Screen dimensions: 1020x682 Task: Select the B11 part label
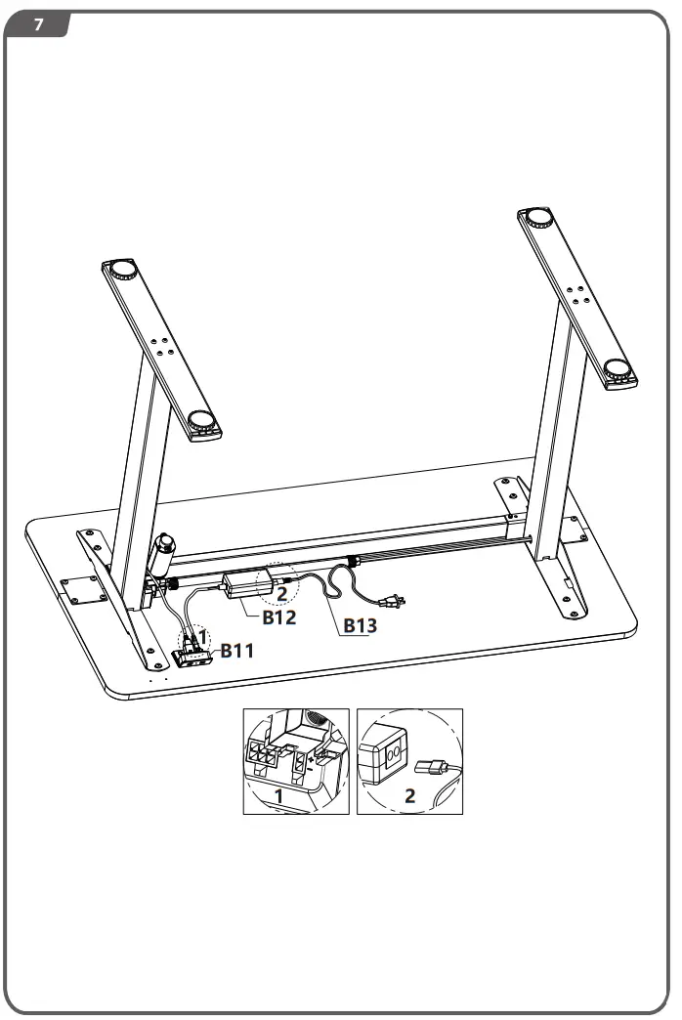[237, 651]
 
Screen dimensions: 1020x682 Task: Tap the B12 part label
[278, 617]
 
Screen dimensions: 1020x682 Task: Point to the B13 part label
[359, 626]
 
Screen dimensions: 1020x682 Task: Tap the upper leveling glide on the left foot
[123, 269]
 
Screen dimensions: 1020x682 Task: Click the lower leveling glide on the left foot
[202, 424]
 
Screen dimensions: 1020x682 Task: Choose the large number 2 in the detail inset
[409, 794]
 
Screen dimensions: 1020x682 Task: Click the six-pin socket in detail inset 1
[263, 754]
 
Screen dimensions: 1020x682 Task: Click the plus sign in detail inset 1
[310, 756]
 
